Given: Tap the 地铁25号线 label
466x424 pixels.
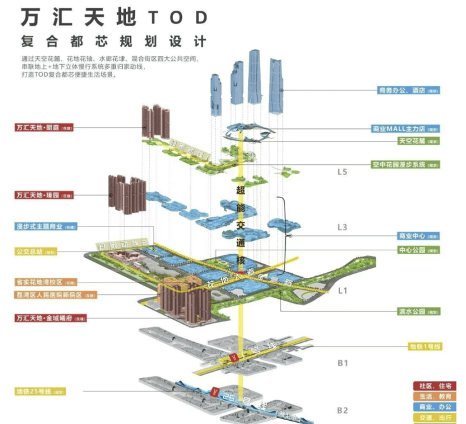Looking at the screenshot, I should coord(40,391).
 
